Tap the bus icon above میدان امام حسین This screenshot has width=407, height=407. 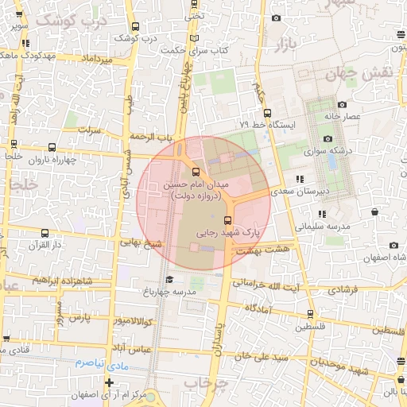click(196, 171)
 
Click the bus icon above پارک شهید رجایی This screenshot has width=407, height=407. click(229, 220)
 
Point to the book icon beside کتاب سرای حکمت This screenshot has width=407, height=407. click(196, 37)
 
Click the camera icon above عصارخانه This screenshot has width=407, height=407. click(342, 105)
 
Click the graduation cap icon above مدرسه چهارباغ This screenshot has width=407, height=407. click(168, 280)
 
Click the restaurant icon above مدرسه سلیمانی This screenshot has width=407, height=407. click(322, 214)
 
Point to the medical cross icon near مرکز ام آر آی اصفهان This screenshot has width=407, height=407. click(109, 383)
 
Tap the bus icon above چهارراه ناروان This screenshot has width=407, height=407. click(52, 147)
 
